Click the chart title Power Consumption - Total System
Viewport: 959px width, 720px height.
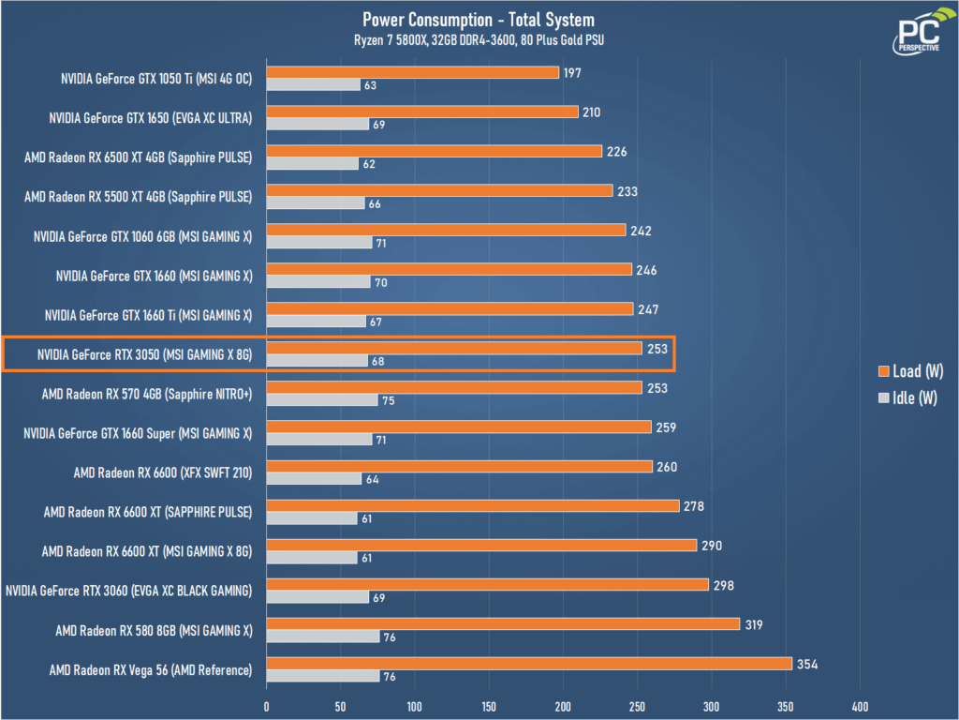coord(479,20)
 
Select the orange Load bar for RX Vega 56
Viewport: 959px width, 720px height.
coord(529,663)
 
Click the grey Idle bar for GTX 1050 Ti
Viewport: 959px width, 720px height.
coord(313,85)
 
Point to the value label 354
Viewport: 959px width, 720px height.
coord(807,664)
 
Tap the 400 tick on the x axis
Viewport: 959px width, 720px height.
coord(860,706)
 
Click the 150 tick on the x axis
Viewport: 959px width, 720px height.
coord(489,706)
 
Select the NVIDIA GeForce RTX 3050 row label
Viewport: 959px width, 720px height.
coord(145,354)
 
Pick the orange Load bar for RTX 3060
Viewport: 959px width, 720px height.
coord(487,584)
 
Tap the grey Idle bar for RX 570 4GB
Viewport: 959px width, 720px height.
coord(322,400)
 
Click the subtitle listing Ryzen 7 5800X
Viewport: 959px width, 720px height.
coord(479,39)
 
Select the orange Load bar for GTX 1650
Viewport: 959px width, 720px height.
coord(422,112)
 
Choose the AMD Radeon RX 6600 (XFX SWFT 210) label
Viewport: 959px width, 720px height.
coord(163,472)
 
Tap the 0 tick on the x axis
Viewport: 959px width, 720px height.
coord(267,706)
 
